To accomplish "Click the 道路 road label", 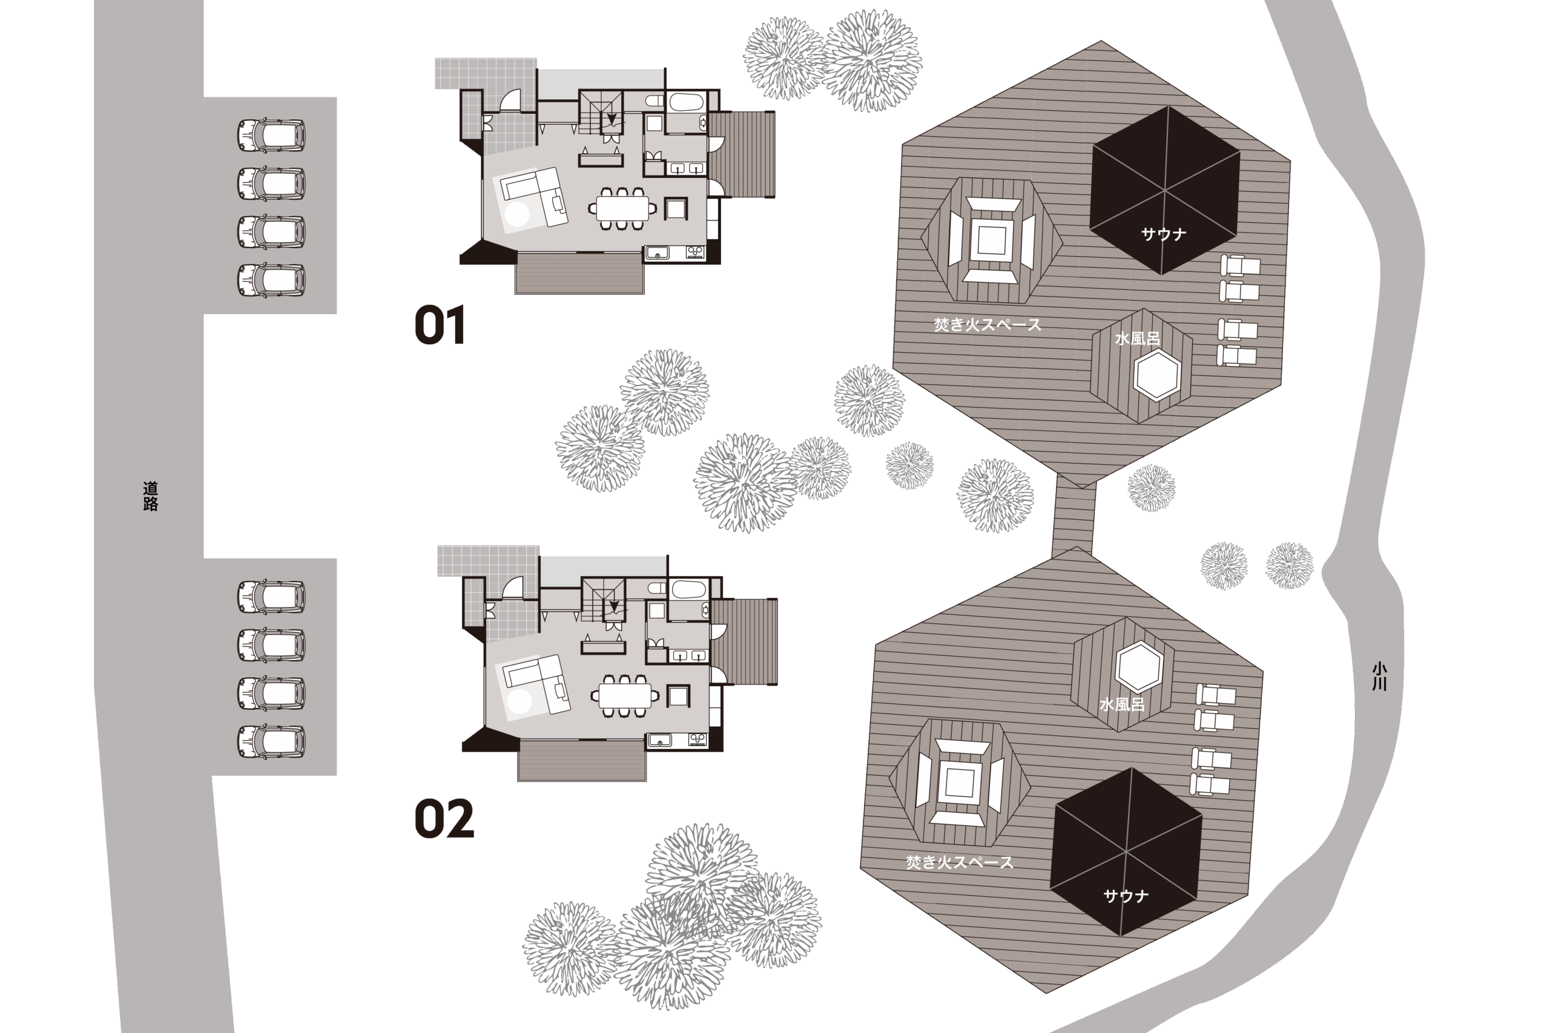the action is tap(150, 496).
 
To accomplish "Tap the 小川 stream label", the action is tap(1379, 677).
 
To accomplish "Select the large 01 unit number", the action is tap(440, 325).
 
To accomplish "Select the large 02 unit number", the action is tap(444, 818).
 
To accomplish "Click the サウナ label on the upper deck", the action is tap(1163, 234).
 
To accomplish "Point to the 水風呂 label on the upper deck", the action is tap(1137, 339).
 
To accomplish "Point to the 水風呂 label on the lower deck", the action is tap(1122, 704).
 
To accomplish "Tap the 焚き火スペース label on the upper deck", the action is tap(987, 325).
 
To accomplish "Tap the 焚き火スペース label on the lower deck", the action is tap(960, 862).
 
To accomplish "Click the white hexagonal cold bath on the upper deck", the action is tap(1156, 375).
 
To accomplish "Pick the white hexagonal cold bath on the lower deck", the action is tap(1139, 666).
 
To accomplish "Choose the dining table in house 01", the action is tap(621, 209).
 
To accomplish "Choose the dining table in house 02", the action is tap(625, 696).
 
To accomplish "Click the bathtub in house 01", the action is tap(687, 103).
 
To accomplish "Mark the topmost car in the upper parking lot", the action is tap(271, 135).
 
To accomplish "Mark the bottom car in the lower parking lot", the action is tap(271, 741).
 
